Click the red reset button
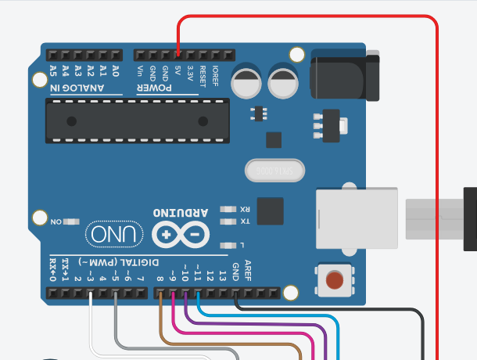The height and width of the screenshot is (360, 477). pos(335,279)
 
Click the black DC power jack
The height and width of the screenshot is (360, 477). pos(344,76)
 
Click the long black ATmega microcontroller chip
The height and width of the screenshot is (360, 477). pos(137,121)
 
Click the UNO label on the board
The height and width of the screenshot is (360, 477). pos(115,233)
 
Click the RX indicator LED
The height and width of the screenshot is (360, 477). pos(229,210)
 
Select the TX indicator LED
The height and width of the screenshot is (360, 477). pos(229,222)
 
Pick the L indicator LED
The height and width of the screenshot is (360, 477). pos(229,244)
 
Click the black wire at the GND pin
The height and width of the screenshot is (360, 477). pos(236,295)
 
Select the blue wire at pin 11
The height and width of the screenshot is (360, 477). pos(199,295)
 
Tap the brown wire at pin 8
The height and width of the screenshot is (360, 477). pos(160,295)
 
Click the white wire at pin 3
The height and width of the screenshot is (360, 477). pos(91,295)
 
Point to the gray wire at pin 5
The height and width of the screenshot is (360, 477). pos(116,295)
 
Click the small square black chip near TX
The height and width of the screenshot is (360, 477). pos(270,211)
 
